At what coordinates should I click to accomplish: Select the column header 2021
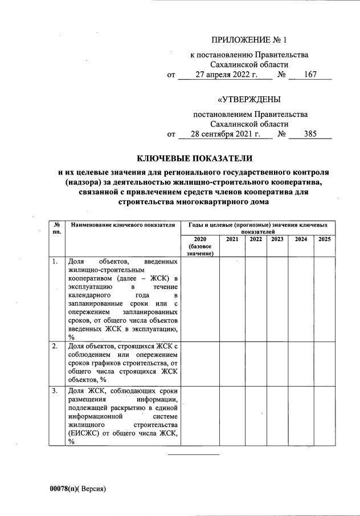click(232, 239)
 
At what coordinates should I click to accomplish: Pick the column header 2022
click(255, 239)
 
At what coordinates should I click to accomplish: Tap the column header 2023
click(277, 239)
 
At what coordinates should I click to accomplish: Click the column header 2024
click(300, 239)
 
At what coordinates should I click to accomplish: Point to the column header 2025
click(324, 239)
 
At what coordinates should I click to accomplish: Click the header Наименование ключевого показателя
click(122, 226)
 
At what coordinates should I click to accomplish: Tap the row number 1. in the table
click(55, 262)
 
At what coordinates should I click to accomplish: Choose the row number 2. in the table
click(55, 346)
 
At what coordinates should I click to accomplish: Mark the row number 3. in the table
click(55, 391)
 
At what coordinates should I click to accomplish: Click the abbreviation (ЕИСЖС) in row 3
click(85, 433)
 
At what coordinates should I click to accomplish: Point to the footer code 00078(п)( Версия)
click(77, 489)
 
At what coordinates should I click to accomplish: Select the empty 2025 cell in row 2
click(324, 363)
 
